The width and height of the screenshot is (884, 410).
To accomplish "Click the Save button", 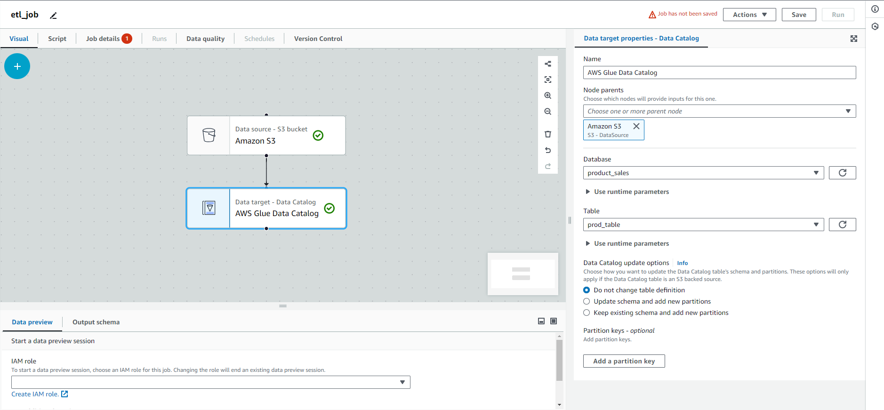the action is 799,15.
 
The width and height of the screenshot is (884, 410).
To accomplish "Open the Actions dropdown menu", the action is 749,15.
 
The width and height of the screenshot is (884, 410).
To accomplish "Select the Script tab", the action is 57,39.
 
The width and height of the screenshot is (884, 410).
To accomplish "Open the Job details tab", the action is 109,39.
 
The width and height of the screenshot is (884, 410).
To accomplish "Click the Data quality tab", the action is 205,39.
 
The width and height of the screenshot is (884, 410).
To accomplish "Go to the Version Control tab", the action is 318,39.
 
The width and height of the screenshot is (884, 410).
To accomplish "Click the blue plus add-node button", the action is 17,66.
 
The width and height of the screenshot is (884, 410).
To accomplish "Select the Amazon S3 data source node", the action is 266,136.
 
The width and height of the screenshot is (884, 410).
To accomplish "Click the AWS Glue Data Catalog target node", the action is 266,209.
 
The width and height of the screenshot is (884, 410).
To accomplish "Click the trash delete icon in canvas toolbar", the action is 548,134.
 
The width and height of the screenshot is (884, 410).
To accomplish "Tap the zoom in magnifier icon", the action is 548,96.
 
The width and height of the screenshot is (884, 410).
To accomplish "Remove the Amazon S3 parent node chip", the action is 636,126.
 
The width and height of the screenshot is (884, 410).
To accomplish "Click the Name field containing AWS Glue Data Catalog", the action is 719,72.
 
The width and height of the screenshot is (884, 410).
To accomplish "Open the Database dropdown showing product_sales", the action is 703,173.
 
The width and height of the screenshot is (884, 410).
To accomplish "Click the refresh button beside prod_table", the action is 842,225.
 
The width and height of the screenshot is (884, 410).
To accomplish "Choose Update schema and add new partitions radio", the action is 587,301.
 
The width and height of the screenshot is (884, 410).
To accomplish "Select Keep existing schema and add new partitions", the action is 587,313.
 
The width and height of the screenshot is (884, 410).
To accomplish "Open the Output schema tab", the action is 96,322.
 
